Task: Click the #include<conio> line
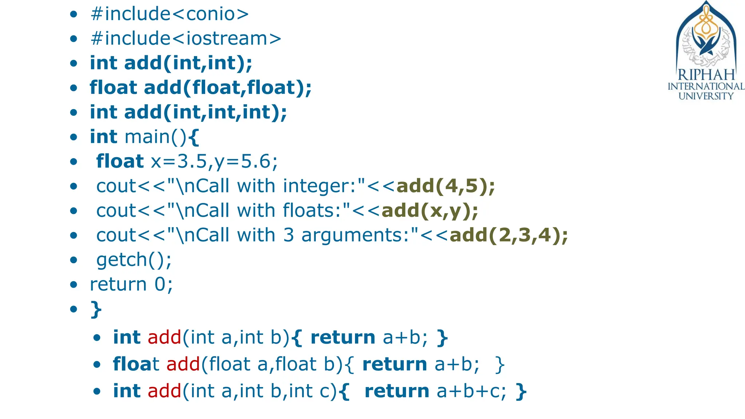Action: pyautogui.click(x=170, y=14)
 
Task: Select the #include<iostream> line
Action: pyautogui.click(x=186, y=39)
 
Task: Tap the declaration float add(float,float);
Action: pyautogui.click(x=200, y=88)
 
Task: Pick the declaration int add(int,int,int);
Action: pyautogui.click(x=188, y=112)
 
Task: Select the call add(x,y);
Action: pyautogui.click(x=430, y=211)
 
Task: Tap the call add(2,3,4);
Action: pyautogui.click(x=509, y=235)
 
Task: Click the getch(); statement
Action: pyautogui.click(x=134, y=260)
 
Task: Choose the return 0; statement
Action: pyautogui.click(x=131, y=284)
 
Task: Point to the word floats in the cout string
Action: pyautogui.click(x=311, y=211)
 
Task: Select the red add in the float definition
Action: pyautogui.click(x=183, y=364)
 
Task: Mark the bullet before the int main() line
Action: pyautogui.click(x=74, y=137)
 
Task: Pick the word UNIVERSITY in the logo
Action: pyautogui.click(x=706, y=96)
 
